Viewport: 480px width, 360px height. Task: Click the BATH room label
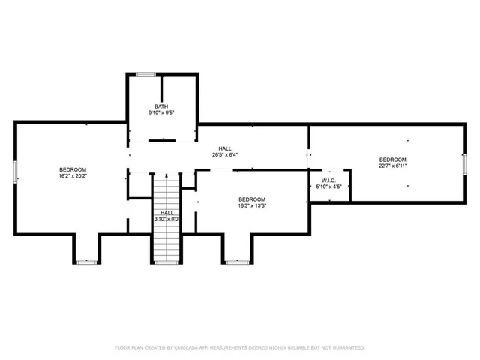click(161, 106)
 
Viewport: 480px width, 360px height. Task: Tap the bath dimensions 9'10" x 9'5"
click(161, 113)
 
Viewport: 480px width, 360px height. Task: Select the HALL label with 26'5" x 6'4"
click(224, 148)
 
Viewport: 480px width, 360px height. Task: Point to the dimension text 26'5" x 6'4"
click(224, 155)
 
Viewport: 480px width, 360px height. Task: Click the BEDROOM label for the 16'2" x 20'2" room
click(73, 169)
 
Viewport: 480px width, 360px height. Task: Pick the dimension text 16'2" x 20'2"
click(73, 176)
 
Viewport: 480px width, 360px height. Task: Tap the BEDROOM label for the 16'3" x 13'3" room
click(252, 198)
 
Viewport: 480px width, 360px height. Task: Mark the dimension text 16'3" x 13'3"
click(252, 205)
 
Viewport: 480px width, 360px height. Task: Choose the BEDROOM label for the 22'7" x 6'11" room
click(392, 159)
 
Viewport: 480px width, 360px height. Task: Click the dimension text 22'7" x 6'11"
click(392, 166)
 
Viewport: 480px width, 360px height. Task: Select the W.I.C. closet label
click(328, 180)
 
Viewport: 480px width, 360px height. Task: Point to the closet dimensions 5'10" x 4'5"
click(328, 187)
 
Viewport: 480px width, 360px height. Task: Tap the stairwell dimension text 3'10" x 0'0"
click(167, 220)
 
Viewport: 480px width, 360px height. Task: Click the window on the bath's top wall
click(145, 73)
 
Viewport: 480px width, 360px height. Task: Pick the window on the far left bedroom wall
click(15, 171)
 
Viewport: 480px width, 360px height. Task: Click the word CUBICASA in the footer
click(190, 348)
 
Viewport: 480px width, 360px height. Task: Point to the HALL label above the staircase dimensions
click(167, 212)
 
